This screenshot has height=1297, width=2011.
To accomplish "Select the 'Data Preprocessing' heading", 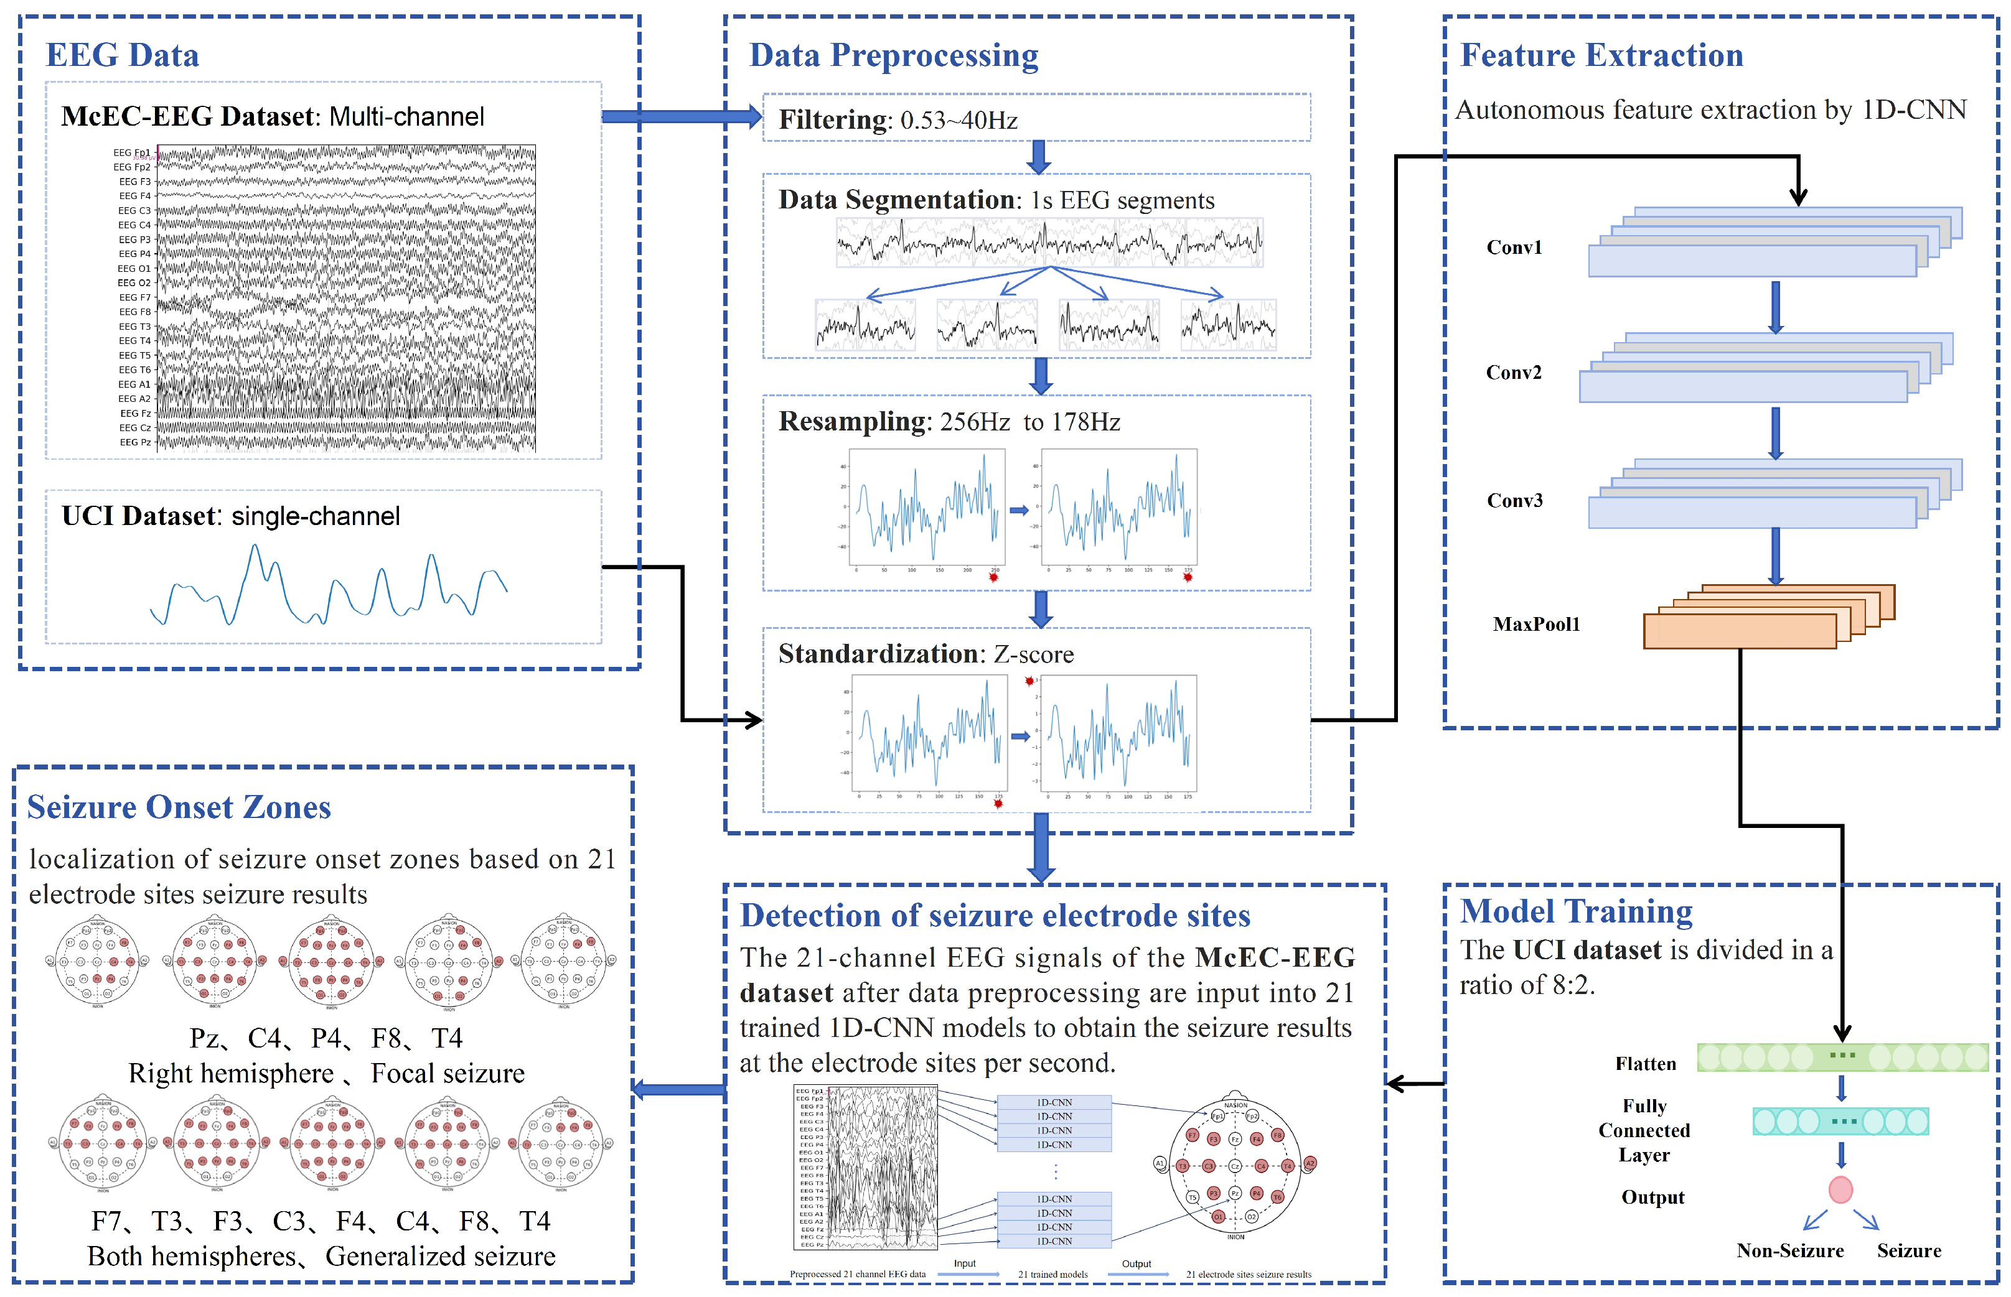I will click(x=893, y=55).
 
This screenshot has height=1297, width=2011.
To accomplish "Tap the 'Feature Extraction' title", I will click(x=1601, y=55).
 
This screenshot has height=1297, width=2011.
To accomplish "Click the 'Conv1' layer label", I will click(x=1514, y=248).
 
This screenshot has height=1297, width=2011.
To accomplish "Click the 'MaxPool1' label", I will click(x=1536, y=624).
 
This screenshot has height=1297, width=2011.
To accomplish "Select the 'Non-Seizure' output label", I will click(x=1789, y=1251).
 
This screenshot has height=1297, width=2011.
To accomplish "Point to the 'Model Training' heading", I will click(x=1575, y=912).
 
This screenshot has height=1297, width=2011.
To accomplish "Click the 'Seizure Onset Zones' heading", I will click(x=179, y=807).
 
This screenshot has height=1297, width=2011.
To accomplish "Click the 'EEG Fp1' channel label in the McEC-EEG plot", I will click(x=133, y=153).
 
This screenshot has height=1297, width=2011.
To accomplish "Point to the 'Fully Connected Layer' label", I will click(x=1644, y=1130).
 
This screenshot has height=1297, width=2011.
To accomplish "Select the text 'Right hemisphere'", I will click(x=231, y=1074).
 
